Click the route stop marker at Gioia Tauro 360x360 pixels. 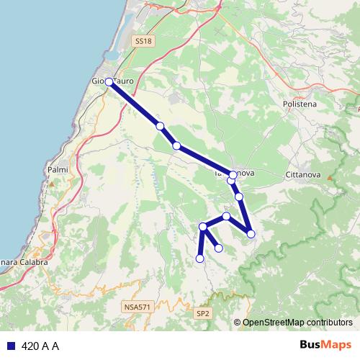109,82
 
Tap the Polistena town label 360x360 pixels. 297,104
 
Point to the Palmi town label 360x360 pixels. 57,170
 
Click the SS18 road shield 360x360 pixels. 144,42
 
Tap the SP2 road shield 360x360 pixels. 203,314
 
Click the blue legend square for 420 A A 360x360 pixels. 11,346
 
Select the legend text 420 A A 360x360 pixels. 40,346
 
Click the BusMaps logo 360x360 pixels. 325,346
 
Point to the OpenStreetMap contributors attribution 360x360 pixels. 297,323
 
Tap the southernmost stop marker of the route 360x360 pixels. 200,258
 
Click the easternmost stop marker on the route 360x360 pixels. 251,233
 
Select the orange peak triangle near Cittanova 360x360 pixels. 330,177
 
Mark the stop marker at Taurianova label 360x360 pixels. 233,175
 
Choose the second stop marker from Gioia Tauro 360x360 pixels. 160,126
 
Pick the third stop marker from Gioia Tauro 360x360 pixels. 176,146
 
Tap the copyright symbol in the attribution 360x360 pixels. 238,323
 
